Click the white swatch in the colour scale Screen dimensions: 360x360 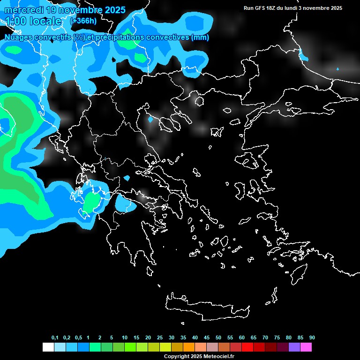(x=48, y=347)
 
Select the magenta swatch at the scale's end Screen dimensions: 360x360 (x=306, y=347)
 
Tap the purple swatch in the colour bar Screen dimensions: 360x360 (x=294, y=347)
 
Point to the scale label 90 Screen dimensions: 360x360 (x=312, y=338)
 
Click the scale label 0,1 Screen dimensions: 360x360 (x=55, y=338)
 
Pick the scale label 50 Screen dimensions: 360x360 (x=218, y=338)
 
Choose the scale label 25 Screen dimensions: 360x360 (x=160, y=338)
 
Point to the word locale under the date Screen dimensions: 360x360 (x=44, y=21)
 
